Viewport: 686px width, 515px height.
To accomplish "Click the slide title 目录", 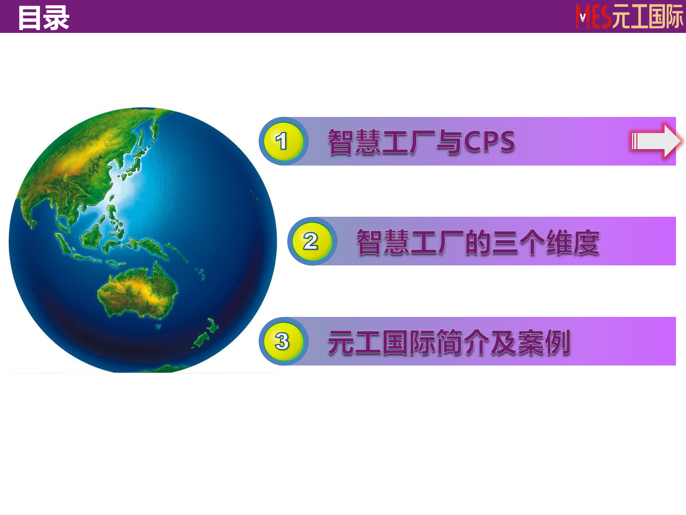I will click(x=44, y=18).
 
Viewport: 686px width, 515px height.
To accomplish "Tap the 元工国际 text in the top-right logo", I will click(x=647, y=17).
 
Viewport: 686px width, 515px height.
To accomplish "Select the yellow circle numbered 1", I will click(x=283, y=141).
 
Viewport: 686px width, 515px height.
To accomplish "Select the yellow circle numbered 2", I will click(x=311, y=241).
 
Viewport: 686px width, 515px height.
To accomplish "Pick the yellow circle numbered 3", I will click(x=283, y=341).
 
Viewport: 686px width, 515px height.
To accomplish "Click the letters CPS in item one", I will click(x=489, y=142).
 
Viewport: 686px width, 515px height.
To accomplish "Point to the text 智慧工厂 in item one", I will click(x=382, y=142).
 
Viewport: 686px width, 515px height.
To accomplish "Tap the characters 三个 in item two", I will click(x=518, y=242).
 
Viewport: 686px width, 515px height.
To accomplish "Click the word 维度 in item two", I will click(x=572, y=242).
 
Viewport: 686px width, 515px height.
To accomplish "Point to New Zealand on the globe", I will click(x=205, y=334).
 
